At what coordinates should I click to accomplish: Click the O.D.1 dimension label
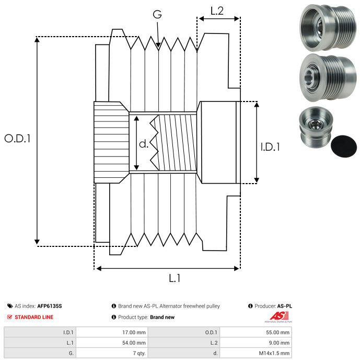point(18,139)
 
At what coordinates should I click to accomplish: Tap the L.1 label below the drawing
point(175,278)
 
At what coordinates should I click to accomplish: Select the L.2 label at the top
point(217,10)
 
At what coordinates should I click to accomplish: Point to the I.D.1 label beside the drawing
point(270,148)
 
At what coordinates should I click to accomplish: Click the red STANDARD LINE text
point(34,317)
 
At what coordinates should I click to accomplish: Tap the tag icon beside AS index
point(9,306)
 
